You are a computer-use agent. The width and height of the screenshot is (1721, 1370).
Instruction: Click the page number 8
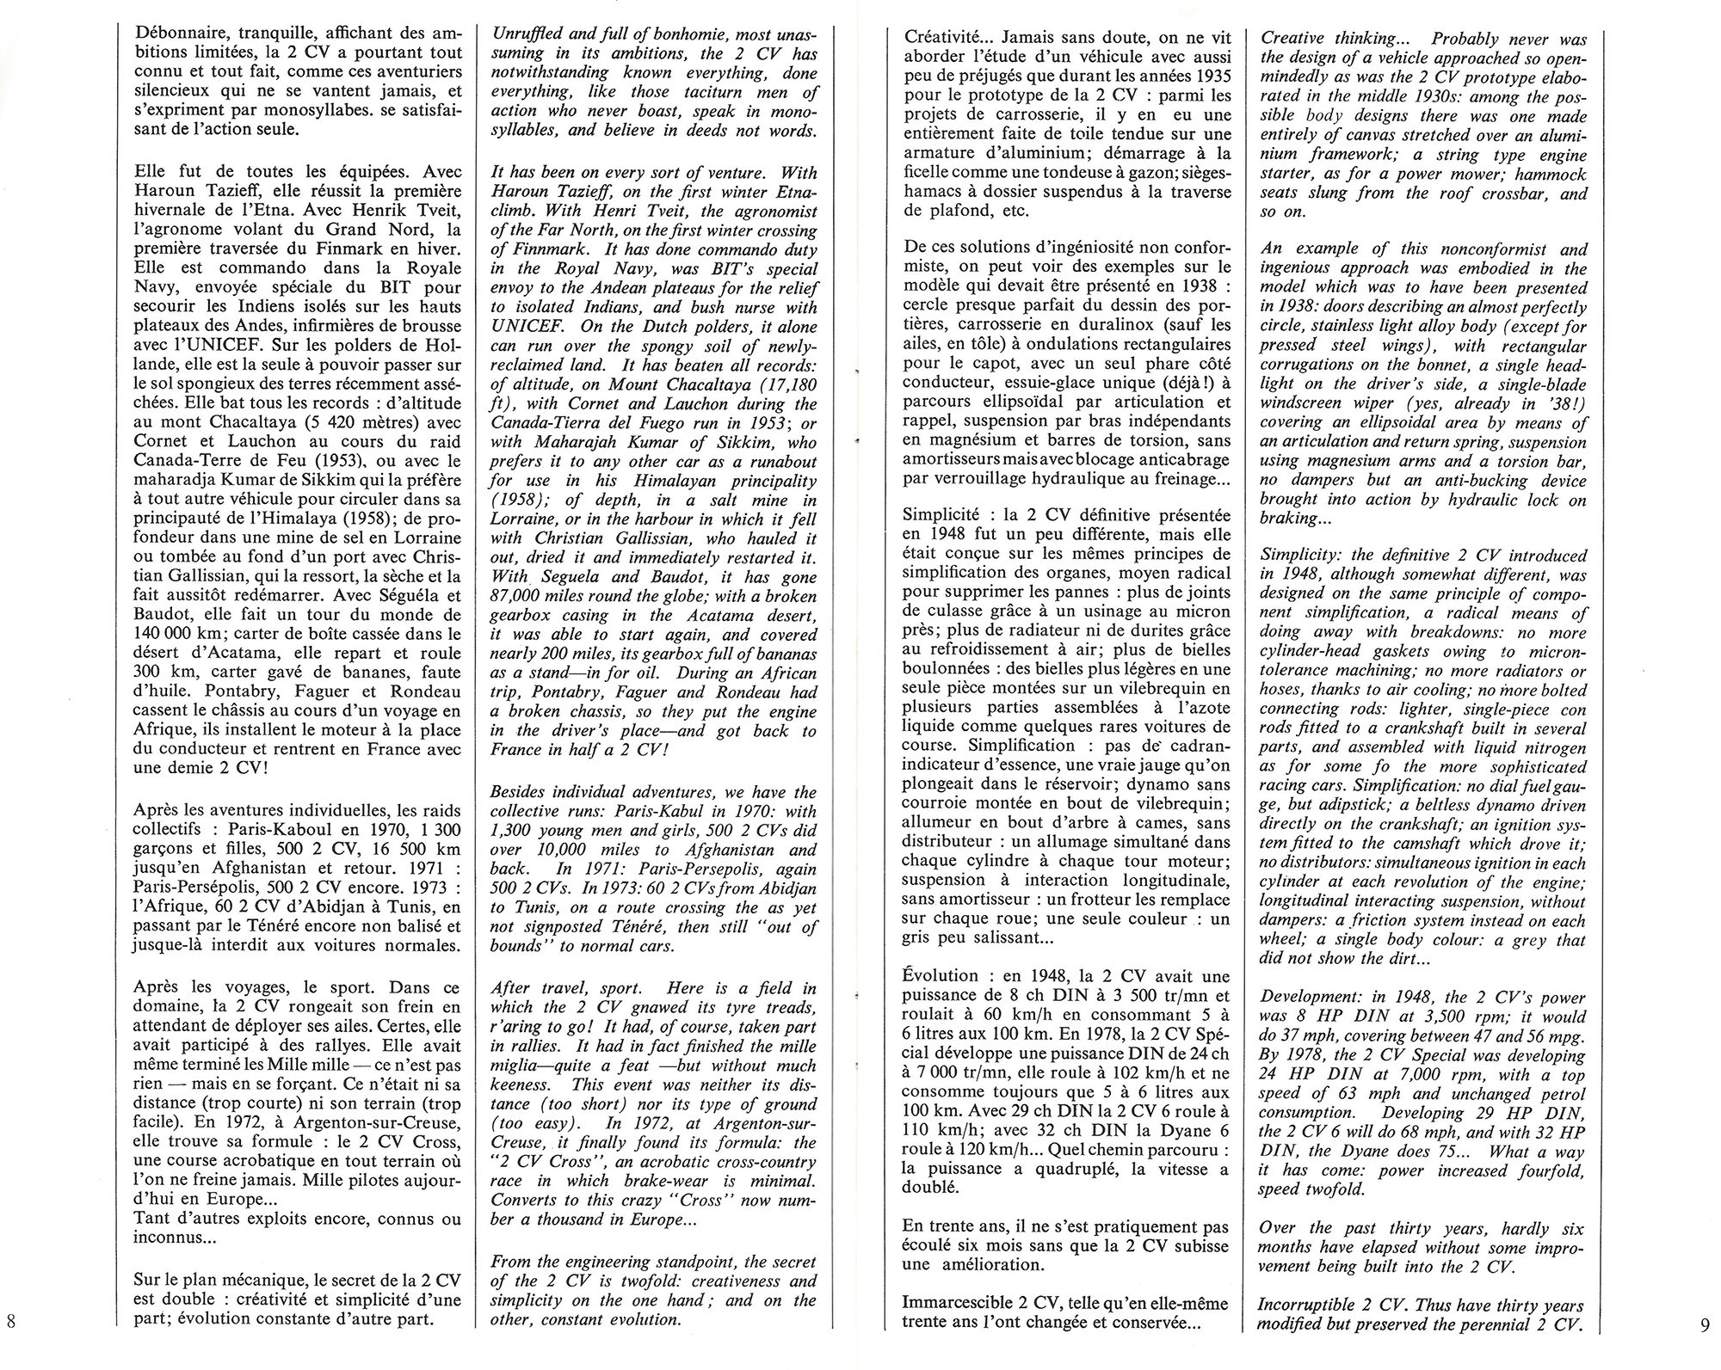point(10,1320)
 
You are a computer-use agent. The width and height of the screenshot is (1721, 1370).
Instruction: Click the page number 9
point(1705,1324)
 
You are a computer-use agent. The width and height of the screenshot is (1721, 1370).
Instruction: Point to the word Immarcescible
point(957,1303)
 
